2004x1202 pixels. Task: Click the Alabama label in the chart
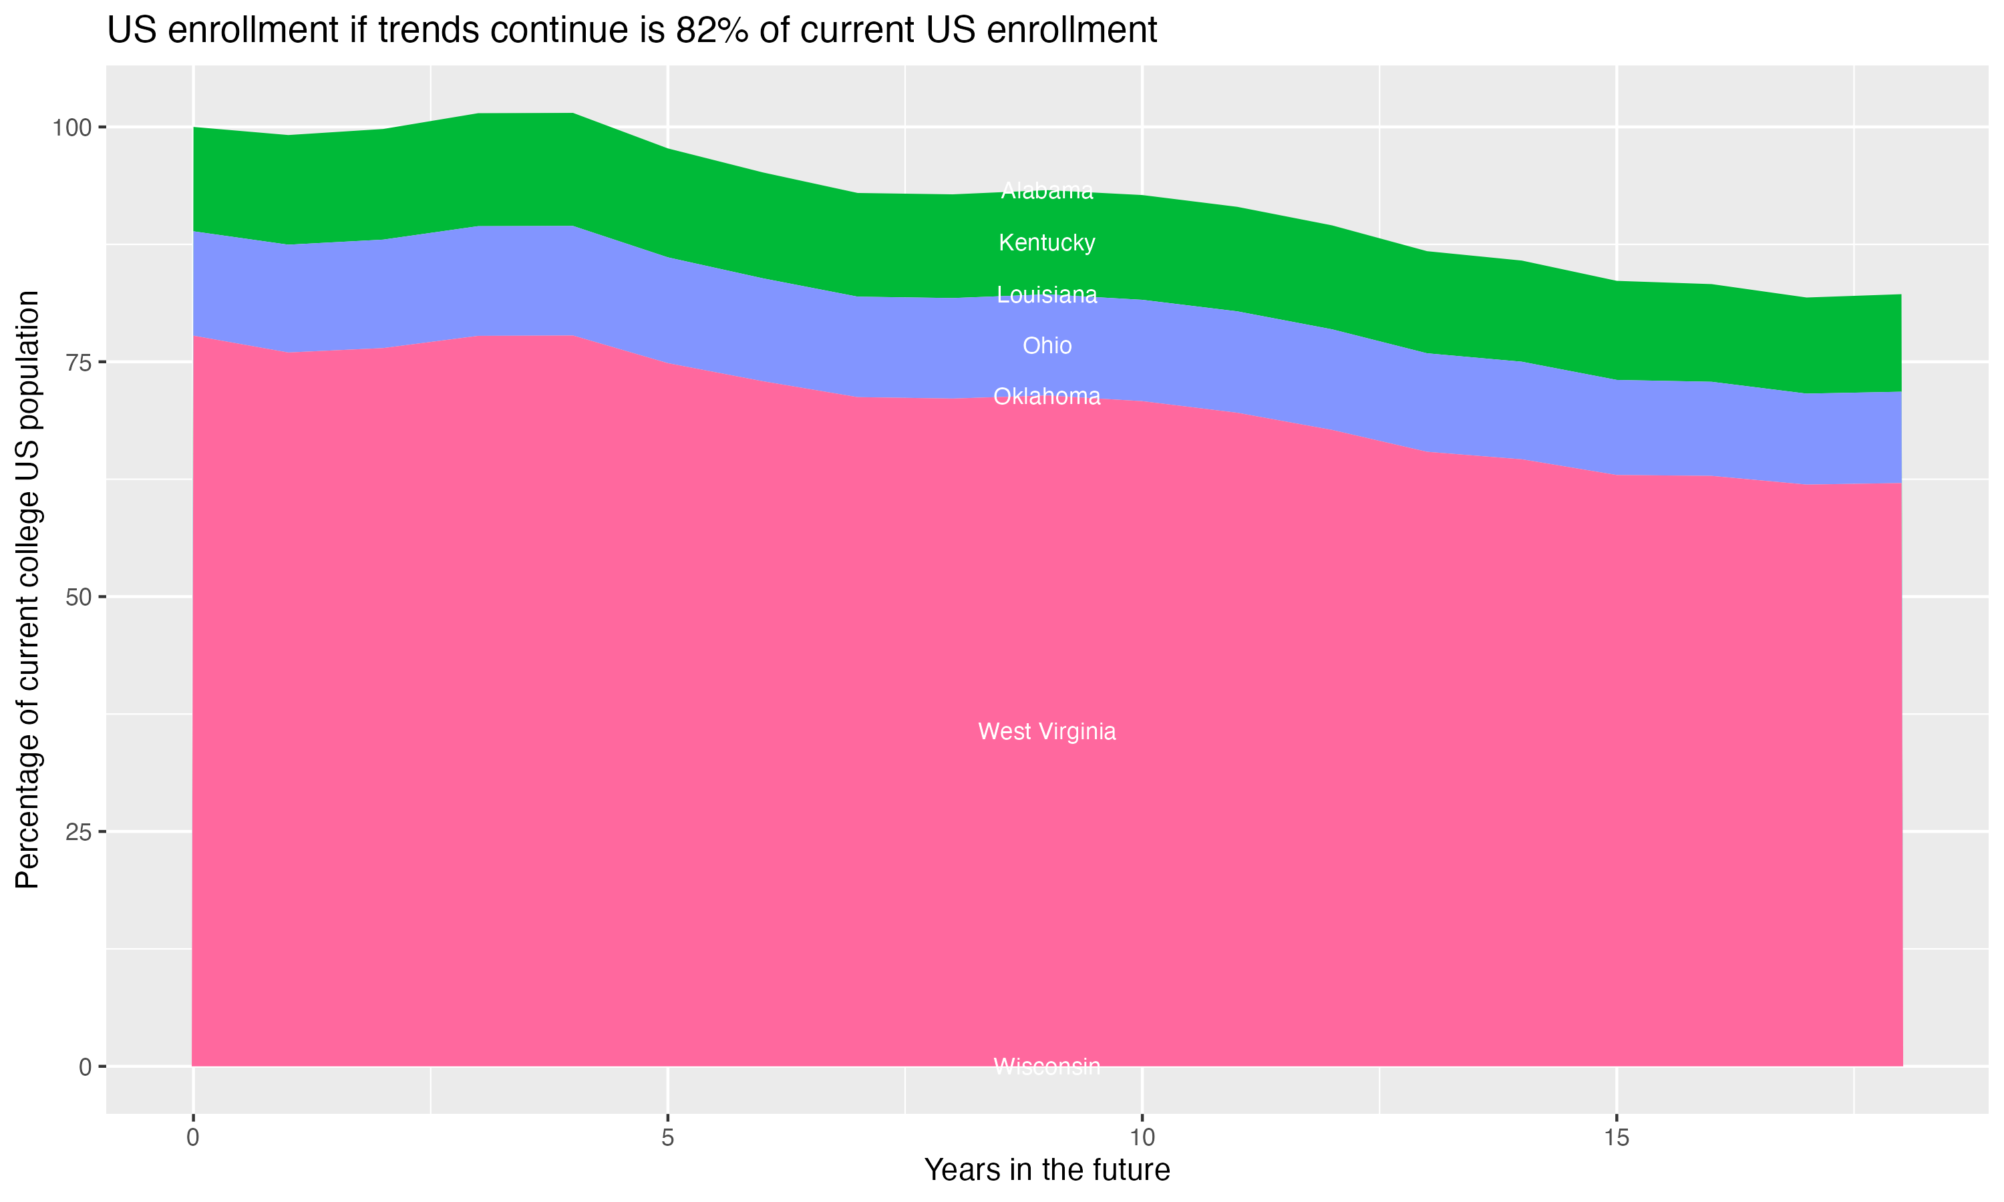(1047, 191)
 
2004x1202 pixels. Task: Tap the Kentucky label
(1047, 242)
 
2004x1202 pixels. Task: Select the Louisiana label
(1047, 295)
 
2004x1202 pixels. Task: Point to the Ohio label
(1047, 346)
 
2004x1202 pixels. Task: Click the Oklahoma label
(1047, 396)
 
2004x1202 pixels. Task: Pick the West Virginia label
(1047, 731)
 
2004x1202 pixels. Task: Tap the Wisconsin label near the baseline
(1047, 1066)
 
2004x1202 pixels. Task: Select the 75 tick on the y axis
(79, 363)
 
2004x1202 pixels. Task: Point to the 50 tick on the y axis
(79, 598)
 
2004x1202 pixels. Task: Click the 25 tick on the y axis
(79, 832)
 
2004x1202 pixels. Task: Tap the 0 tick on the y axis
(85, 1066)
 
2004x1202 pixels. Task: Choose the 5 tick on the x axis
(667, 1138)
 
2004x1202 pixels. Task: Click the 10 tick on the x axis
(1142, 1138)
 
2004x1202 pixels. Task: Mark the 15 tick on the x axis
(1616, 1138)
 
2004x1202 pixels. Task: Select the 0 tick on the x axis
(193, 1138)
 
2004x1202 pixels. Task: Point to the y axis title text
(27, 590)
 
